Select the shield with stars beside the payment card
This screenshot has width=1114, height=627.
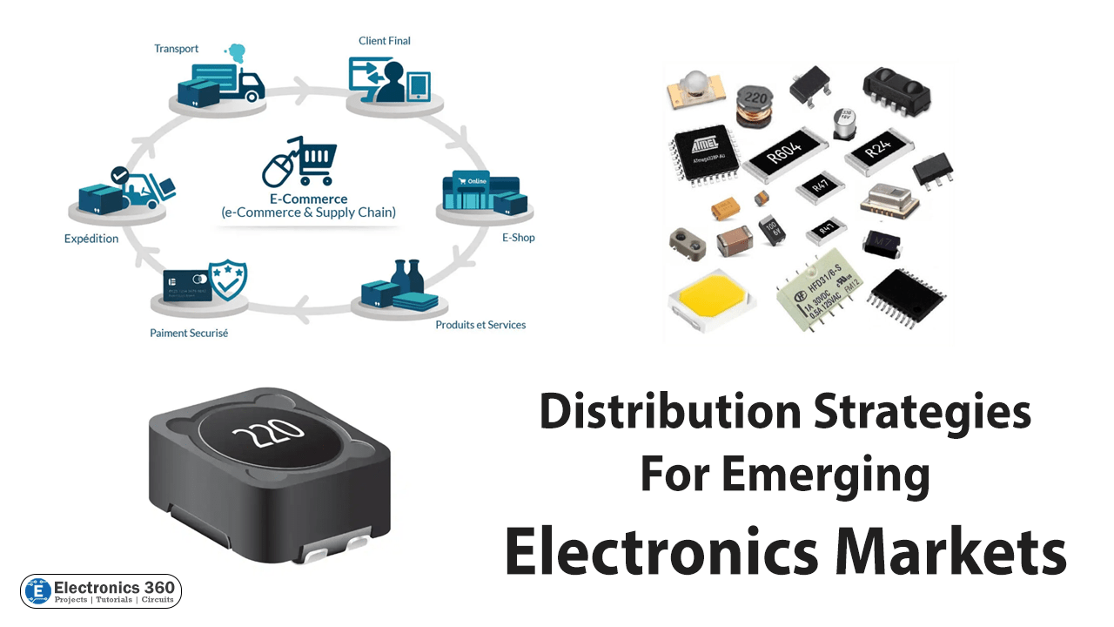pos(228,280)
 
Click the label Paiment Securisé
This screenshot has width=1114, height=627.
pos(189,333)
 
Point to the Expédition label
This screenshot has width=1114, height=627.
pos(91,239)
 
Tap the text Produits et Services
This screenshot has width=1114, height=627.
pos(480,325)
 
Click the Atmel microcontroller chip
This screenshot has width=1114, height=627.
pos(706,152)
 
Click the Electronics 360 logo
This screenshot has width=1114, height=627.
pos(101,591)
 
